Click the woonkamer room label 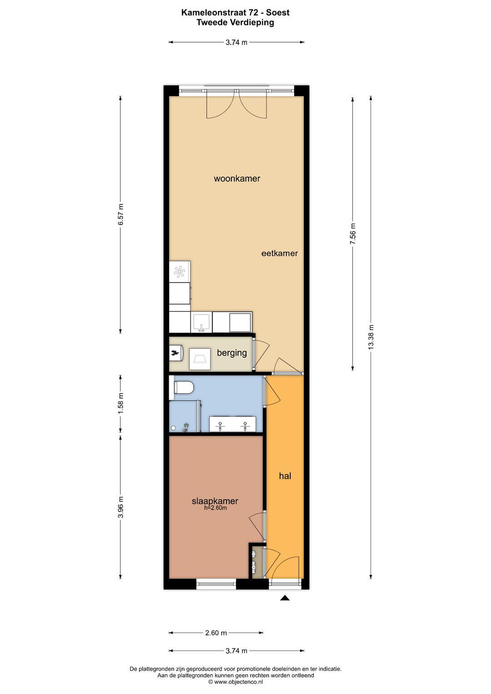237,179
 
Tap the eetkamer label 280,253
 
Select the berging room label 232,353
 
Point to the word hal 285,476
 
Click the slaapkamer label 215,501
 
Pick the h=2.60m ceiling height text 215,508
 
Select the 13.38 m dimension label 371,337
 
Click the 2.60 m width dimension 216,633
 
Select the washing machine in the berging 200,359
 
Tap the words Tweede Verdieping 235,22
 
